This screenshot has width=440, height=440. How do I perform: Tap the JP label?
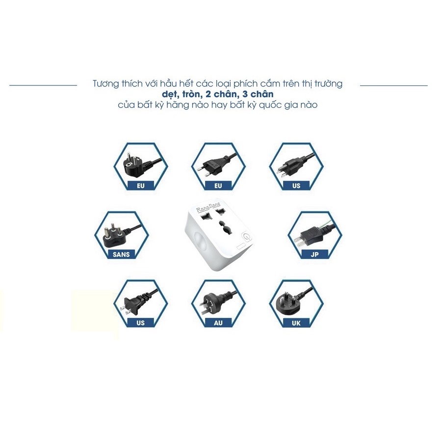(314, 254)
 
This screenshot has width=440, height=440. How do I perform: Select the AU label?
(218, 323)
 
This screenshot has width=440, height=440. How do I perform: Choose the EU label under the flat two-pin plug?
(218, 185)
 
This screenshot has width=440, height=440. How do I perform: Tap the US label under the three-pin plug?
(297, 185)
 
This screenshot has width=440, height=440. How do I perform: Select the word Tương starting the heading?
(105, 84)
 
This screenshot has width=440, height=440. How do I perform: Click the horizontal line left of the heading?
(43, 85)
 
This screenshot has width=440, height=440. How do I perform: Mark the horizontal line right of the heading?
(393, 85)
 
